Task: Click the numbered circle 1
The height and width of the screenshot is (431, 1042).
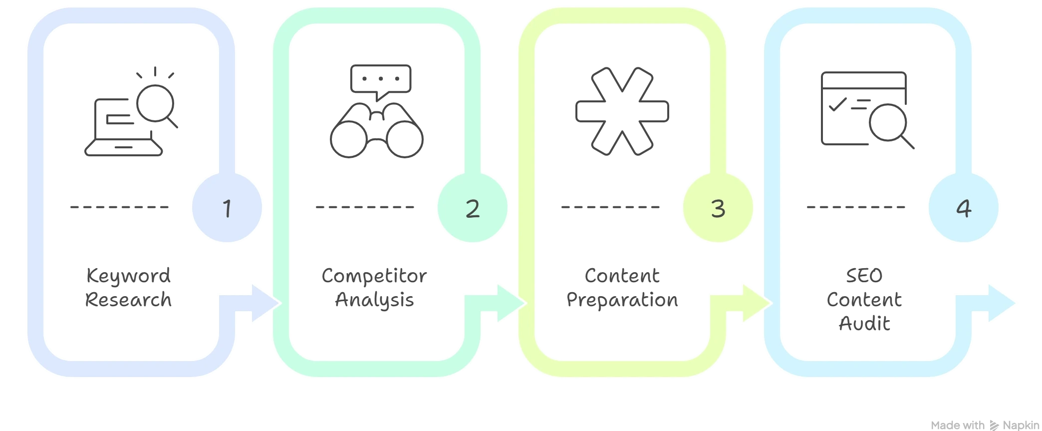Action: (227, 208)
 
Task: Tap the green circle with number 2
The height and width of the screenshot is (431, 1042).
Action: (472, 208)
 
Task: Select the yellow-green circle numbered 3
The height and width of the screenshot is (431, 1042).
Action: (718, 208)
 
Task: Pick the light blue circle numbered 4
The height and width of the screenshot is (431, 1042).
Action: (963, 208)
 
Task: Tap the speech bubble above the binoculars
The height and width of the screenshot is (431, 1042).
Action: (381, 80)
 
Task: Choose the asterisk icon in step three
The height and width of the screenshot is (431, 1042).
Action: (622, 109)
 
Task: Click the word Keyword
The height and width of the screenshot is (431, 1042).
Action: (127, 276)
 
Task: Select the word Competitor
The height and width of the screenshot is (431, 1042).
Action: (373, 276)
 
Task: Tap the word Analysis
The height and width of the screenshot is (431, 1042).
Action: (375, 301)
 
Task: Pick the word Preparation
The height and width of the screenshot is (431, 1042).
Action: (622, 301)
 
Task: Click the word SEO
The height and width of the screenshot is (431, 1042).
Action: (864, 276)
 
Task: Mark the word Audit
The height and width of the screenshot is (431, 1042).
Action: (864, 325)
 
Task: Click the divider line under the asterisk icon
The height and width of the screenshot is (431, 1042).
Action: (610, 207)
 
